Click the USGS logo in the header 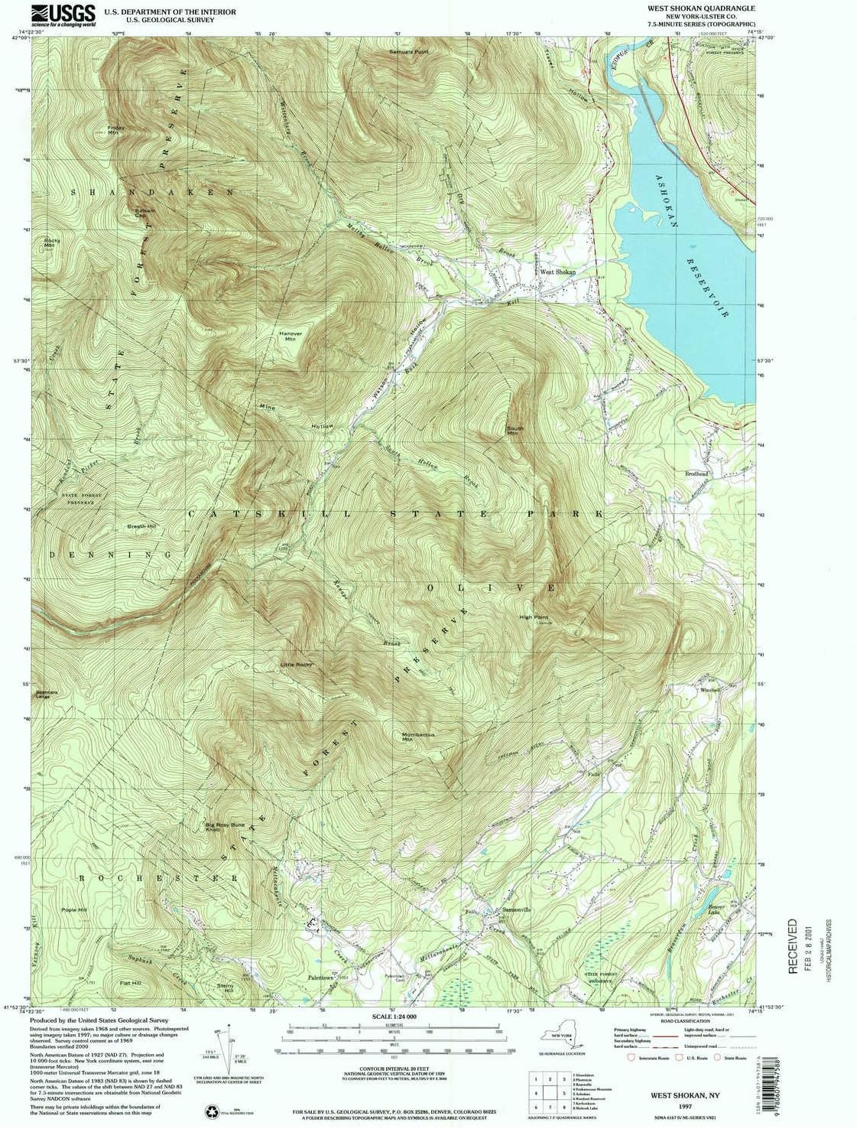[63, 15]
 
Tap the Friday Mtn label [115, 130]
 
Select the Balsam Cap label [144, 213]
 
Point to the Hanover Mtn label [291, 336]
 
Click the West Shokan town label [557, 272]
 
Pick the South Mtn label [515, 431]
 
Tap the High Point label [534, 617]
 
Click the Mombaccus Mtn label [418, 737]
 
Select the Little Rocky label [296, 665]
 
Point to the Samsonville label [517, 909]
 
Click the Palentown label [321, 978]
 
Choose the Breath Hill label [141, 526]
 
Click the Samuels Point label [409, 52]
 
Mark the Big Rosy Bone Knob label [225, 827]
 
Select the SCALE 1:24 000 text [394, 1017]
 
